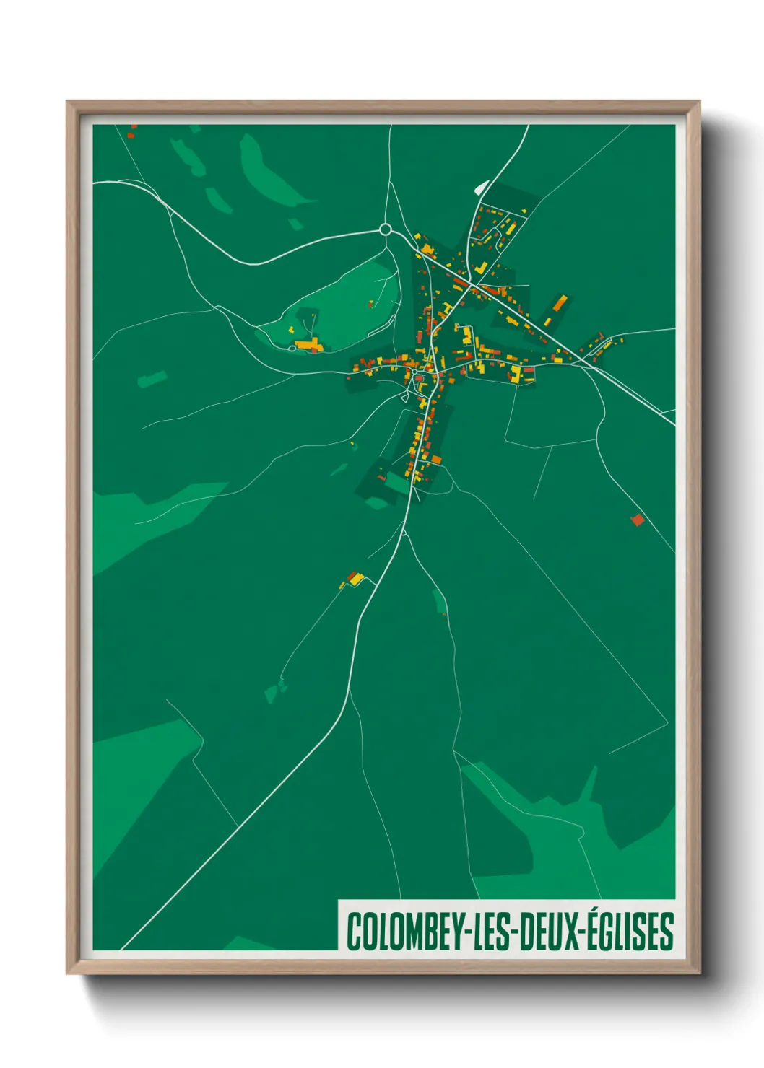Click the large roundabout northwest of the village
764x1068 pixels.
click(x=385, y=230)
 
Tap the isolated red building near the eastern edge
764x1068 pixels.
click(x=638, y=520)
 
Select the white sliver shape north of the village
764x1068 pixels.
click(x=480, y=187)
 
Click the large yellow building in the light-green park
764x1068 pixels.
click(x=308, y=345)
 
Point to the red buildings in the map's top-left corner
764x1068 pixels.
click(x=131, y=132)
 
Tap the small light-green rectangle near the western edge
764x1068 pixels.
click(x=152, y=379)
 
